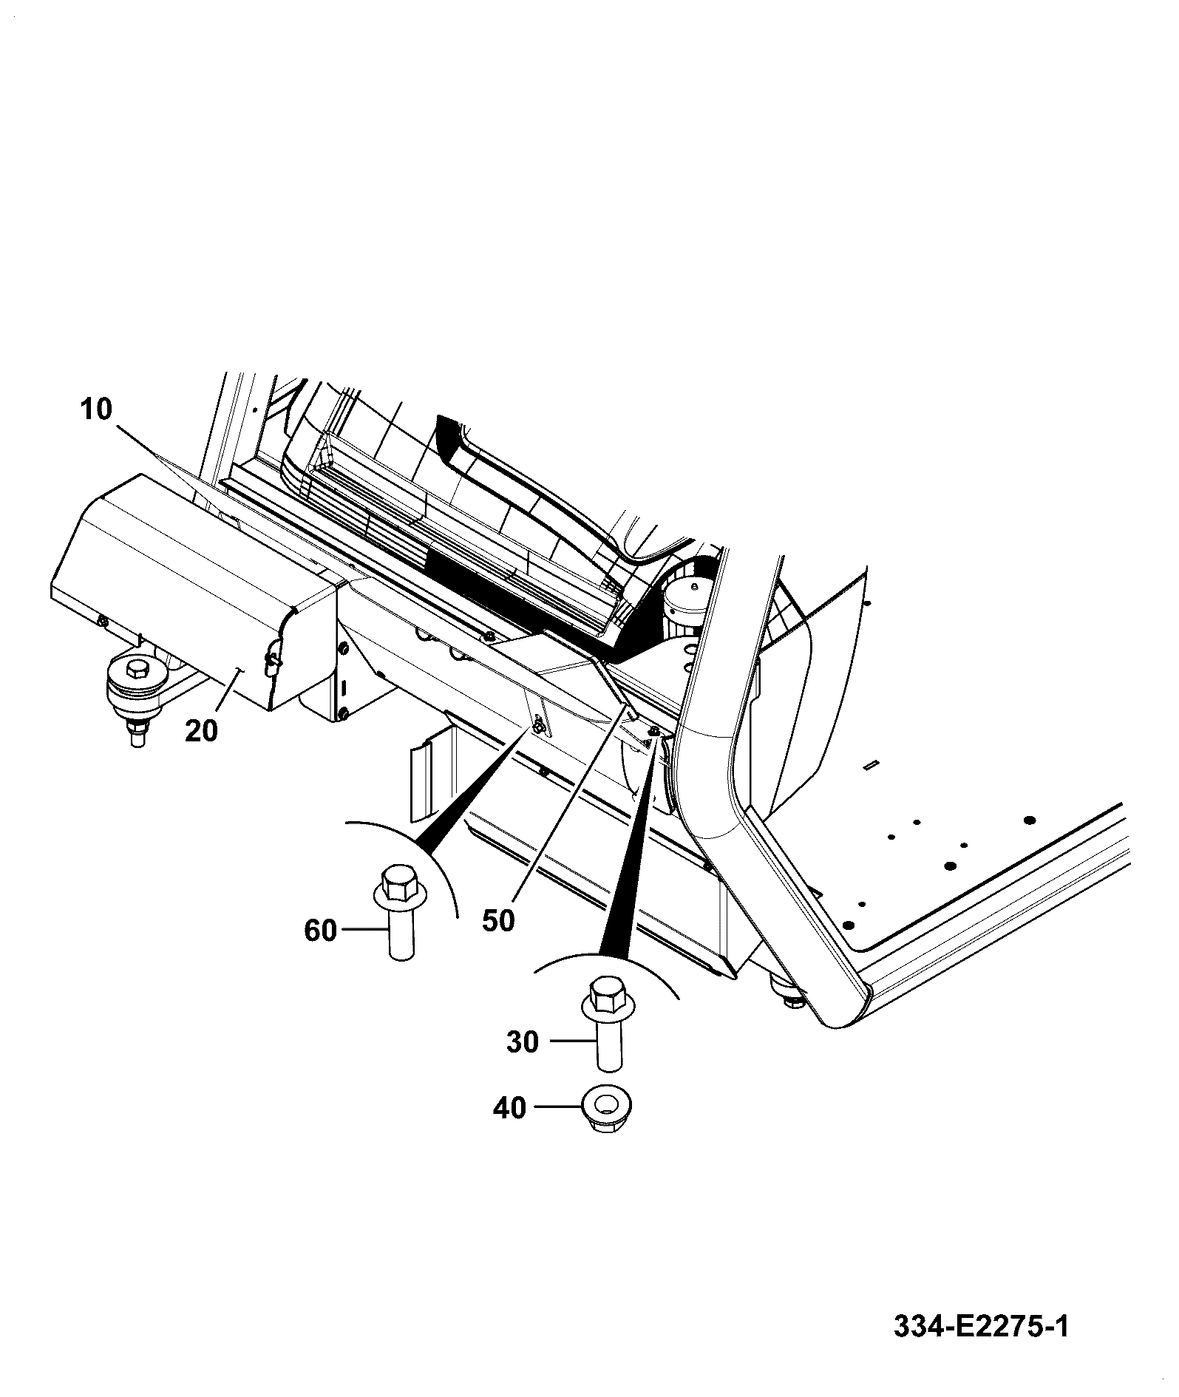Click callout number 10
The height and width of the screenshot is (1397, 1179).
point(96,409)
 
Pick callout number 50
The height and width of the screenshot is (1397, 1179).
point(498,921)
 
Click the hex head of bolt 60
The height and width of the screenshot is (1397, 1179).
point(398,882)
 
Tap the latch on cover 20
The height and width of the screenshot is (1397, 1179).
point(271,659)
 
